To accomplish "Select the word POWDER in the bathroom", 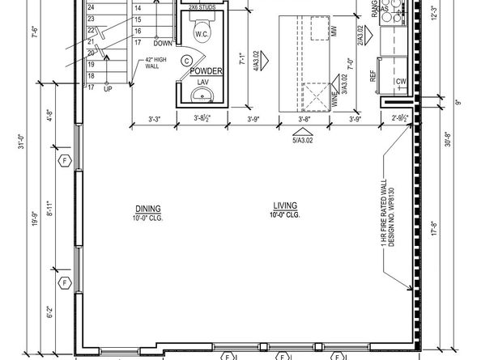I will (206, 71).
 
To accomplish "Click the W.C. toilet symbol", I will (203, 35).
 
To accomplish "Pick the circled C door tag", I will (186, 61).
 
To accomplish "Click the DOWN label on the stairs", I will (163, 43).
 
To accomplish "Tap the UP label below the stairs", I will (109, 90).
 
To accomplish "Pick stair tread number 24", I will (92, 6).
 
